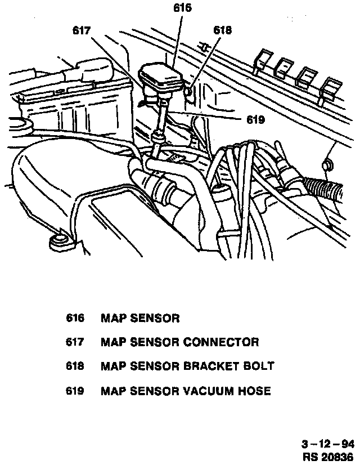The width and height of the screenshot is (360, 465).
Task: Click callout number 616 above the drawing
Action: (x=183, y=7)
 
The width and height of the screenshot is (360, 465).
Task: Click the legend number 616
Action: (x=75, y=319)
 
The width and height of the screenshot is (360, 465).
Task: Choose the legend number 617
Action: (x=75, y=342)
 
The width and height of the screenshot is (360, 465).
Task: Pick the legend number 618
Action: (x=75, y=366)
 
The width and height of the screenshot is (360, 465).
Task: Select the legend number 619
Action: (x=75, y=391)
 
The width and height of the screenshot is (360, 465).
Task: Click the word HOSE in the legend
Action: (x=255, y=391)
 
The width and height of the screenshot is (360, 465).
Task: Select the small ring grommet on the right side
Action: (x=327, y=166)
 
